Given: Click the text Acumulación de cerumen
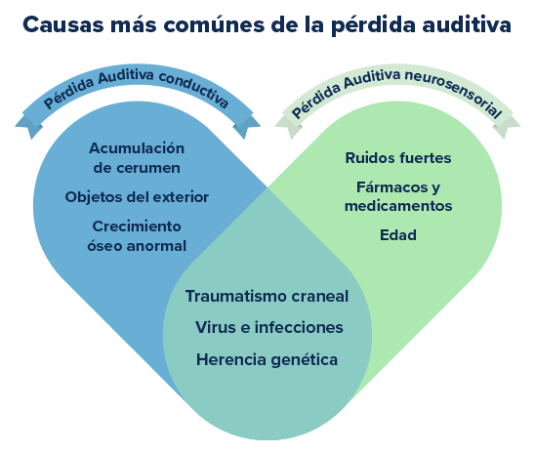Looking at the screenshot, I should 137,158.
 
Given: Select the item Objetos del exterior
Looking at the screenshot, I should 137,196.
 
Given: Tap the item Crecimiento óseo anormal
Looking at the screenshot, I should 137,234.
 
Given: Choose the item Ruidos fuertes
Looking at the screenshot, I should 397,157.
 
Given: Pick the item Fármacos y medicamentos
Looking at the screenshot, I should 397,195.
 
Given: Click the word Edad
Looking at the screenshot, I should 397,234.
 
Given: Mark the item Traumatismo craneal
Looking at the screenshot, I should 267,296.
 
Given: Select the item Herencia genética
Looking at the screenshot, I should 267,359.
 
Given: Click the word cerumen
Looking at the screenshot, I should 137,167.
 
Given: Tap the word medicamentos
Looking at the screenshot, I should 397,205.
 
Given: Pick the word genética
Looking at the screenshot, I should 302,359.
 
